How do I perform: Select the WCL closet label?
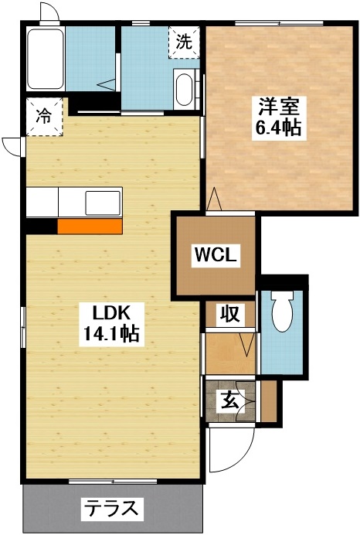pyautogui.click(x=215, y=254)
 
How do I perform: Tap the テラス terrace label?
pyautogui.click(x=112, y=509)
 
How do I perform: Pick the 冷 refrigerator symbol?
pyautogui.click(x=44, y=117)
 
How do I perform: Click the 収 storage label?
pyautogui.click(x=229, y=314)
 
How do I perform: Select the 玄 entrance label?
pyautogui.click(x=229, y=400)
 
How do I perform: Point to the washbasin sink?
pyautogui.click(x=186, y=90)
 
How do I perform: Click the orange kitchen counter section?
pyautogui.click(x=89, y=226)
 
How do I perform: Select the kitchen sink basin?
pyautogui.click(x=101, y=203)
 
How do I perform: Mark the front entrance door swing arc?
pyautogui.click(x=232, y=448)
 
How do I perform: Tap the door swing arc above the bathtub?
pyautogui.click(x=48, y=13)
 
